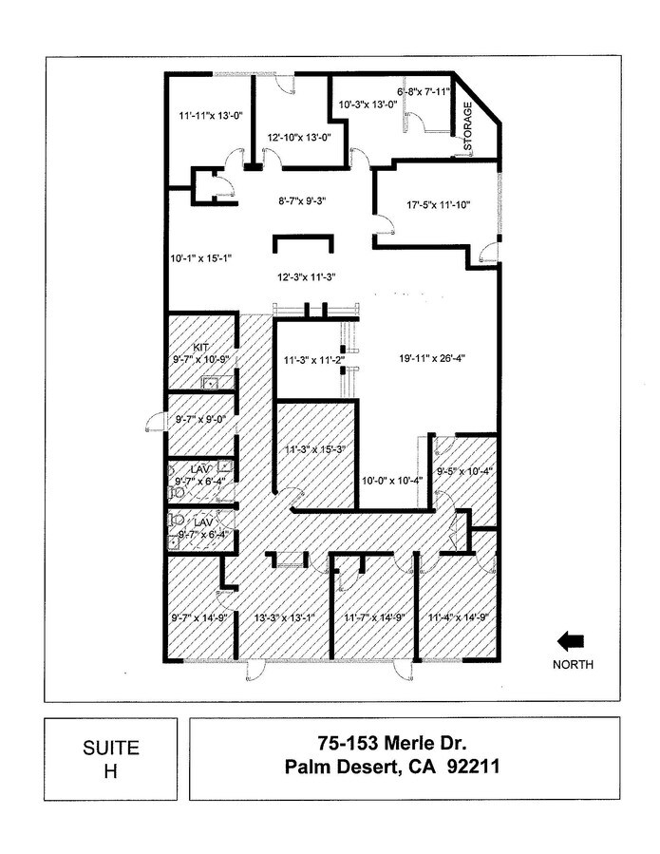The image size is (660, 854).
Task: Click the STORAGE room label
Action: click(x=468, y=126)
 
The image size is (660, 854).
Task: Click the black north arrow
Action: click(x=570, y=641)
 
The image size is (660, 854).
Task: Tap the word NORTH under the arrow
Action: click(x=573, y=664)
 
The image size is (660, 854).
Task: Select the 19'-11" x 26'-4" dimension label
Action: click(x=431, y=358)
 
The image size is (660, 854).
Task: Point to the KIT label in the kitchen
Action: click(x=201, y=348)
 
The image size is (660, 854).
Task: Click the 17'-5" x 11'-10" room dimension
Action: click(x=439, y=205)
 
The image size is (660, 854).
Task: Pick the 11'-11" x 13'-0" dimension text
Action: click(x=210, y=116)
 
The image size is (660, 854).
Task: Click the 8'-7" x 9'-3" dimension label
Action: click(x=302, y=201)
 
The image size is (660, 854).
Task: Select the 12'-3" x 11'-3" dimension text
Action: click(x=306, y=277)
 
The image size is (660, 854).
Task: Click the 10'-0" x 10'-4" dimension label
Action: click(x=392, y=481)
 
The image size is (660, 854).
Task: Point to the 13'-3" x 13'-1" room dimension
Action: click(x=285, y=617)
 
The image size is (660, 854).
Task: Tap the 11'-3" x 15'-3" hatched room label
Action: click(x=316, y=450)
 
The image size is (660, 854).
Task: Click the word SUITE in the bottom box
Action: click(x=111, y=748)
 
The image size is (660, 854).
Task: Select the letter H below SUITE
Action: click(x=111, y=771)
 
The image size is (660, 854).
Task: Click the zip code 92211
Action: click(x=473, y=767)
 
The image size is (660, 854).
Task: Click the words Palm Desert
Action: click(x=339, y=767)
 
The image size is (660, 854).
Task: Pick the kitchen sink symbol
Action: click(x=211, y=383)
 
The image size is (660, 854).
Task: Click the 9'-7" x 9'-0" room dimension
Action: click(x=198, y=419)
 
